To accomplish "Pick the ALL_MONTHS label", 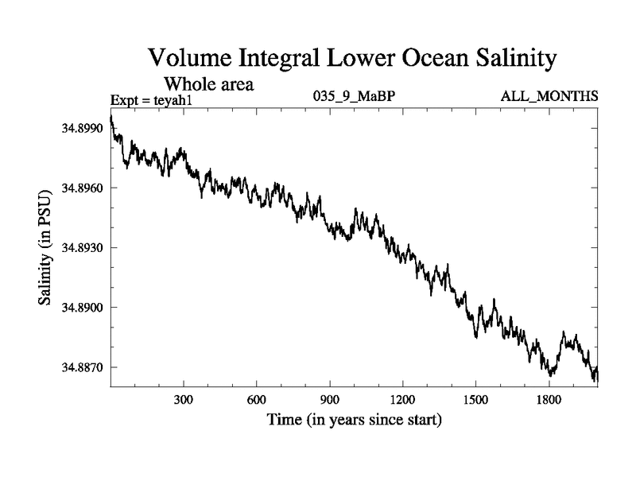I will (x=549, y=97).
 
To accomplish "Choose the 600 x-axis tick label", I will (x=257, y=399).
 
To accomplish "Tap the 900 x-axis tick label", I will (x=330, y=399).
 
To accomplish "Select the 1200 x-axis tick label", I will (x=402, y=399).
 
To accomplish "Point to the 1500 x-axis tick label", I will (x=475, y=399).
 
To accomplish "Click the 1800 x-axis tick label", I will (x=549, y=399).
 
